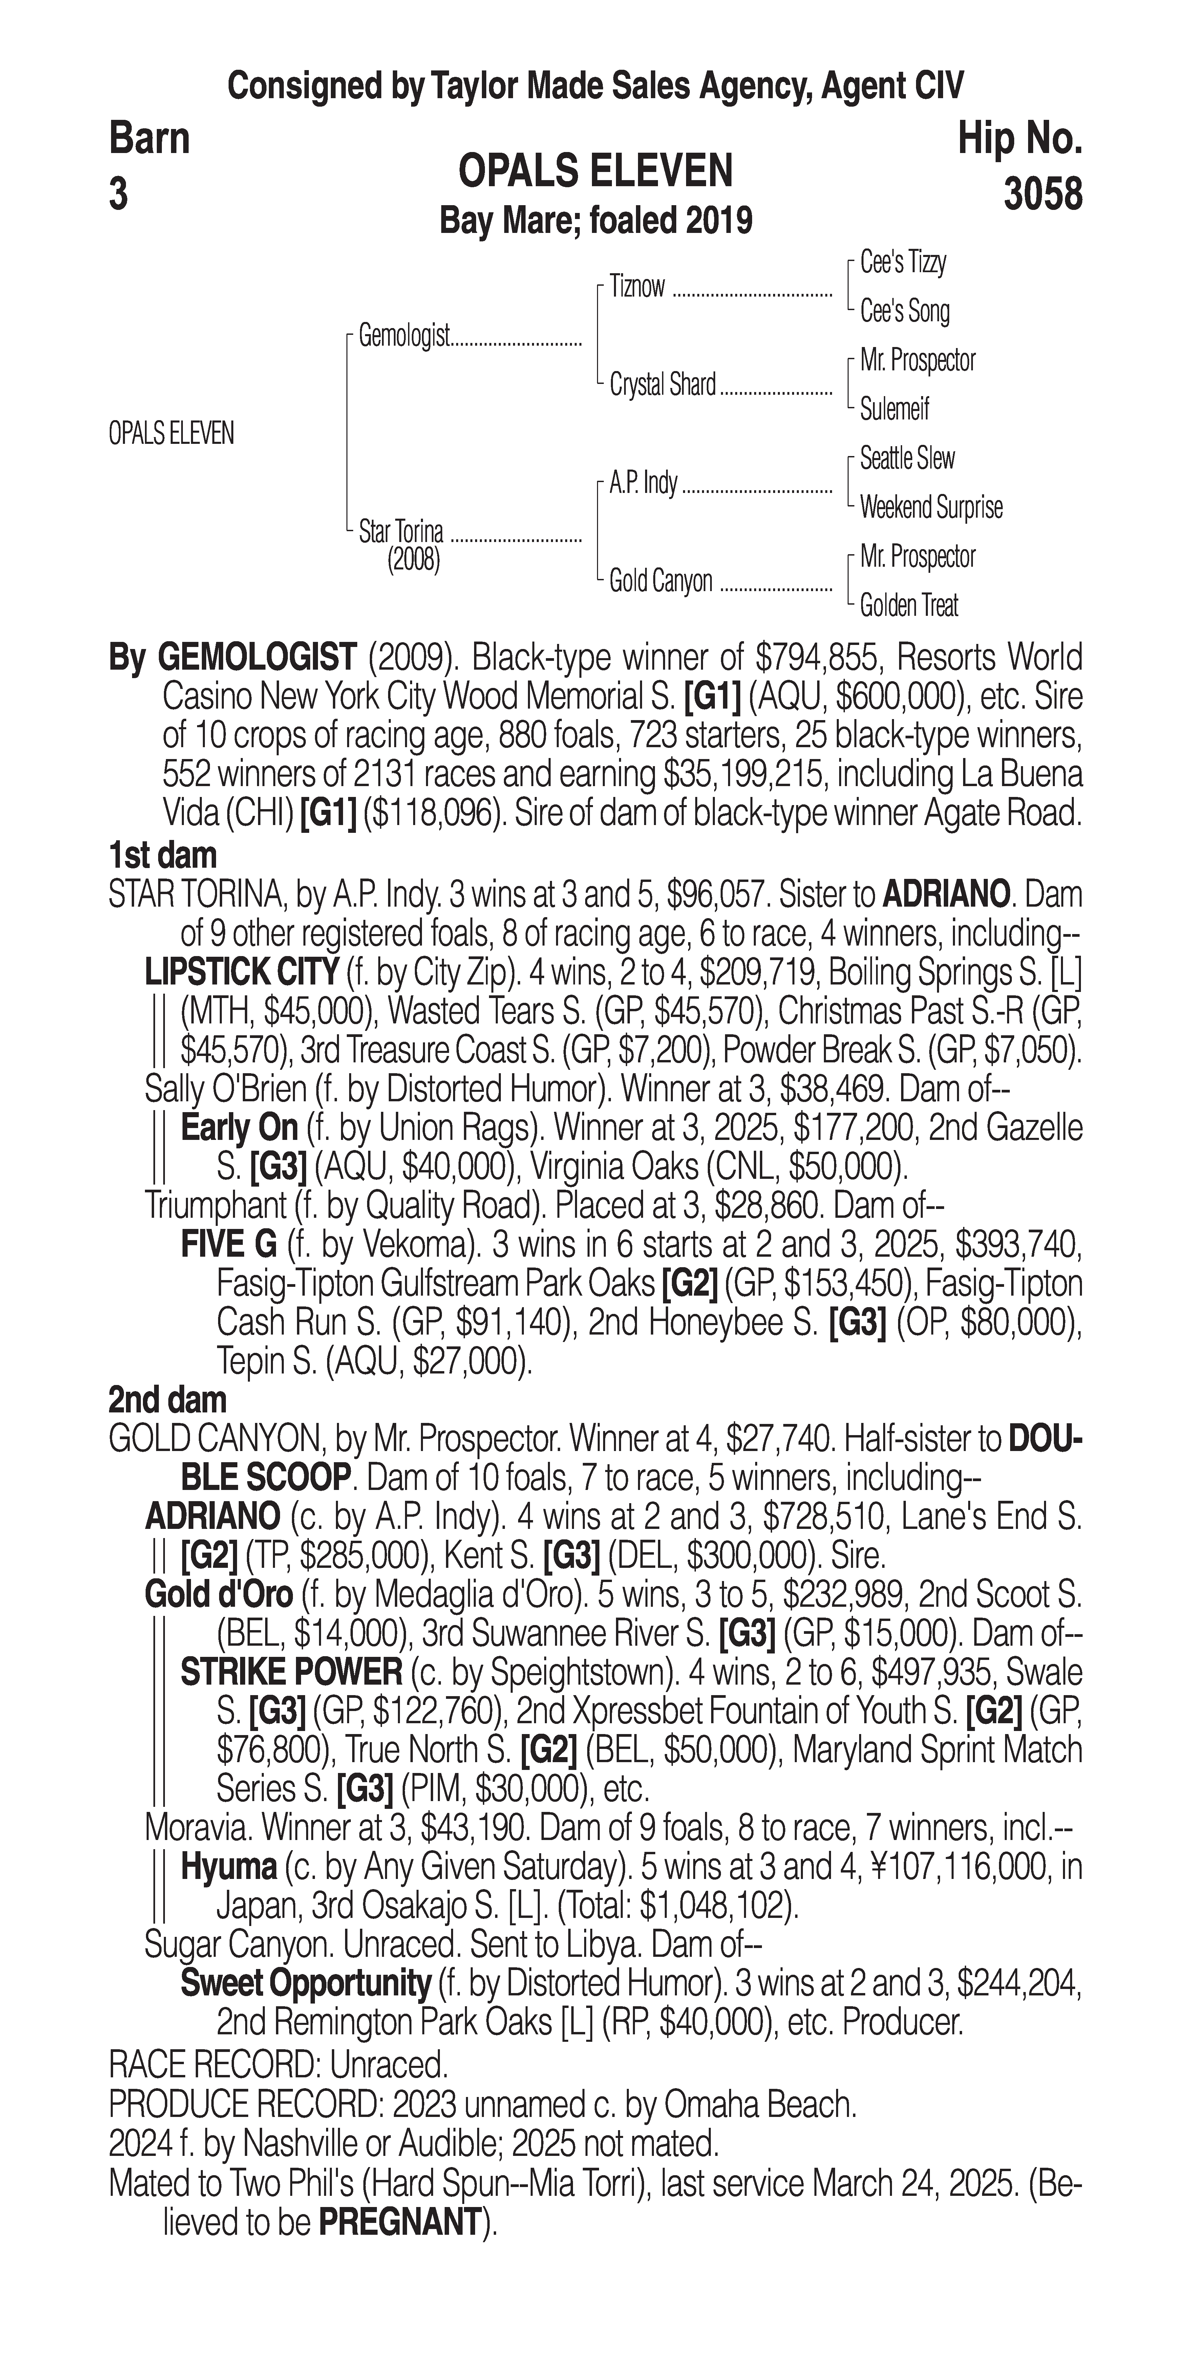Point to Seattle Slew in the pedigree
pos(907,458)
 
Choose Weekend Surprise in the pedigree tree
pos(931,507)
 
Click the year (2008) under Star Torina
pos(413,561)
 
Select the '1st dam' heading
pos(163,856)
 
